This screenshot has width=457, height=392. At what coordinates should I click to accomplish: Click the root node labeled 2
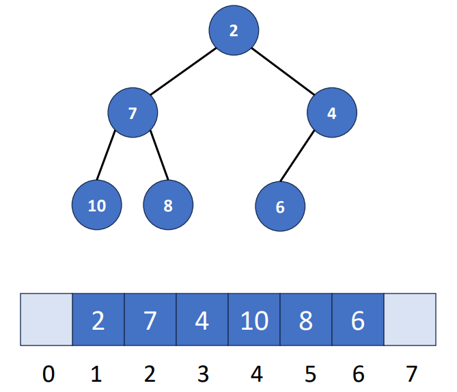(x=234, y=31)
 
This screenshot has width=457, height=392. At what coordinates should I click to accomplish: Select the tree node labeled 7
(x=133, y=113)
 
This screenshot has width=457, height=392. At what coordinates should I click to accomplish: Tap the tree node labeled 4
(x=331, y=113)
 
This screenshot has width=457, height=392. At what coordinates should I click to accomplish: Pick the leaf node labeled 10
(x=96, y=205)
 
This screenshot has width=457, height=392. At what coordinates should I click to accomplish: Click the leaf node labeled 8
(x=168, y=205)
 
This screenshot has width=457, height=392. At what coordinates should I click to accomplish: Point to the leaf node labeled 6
(x=279, y=207)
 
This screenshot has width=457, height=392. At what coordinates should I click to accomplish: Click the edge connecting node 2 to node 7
(x=183, y=72)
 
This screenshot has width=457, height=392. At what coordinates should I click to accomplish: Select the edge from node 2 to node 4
(x=283, y=72)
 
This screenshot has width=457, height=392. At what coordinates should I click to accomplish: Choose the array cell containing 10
(x=253, y=319)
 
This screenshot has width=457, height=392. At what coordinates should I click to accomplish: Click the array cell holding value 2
(x=98, y=319)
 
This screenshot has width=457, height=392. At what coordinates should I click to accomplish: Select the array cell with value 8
(x=305, y=319)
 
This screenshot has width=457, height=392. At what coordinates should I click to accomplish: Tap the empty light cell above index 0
(x=46, y=319)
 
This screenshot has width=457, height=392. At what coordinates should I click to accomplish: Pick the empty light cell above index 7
(x=409, y=319)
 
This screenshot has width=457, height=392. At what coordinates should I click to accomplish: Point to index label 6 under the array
(x=357, y=374)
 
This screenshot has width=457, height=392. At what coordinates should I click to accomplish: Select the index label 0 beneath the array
(x=46, y=374)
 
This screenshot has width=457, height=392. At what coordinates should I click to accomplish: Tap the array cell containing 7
(x=150, y=319)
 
